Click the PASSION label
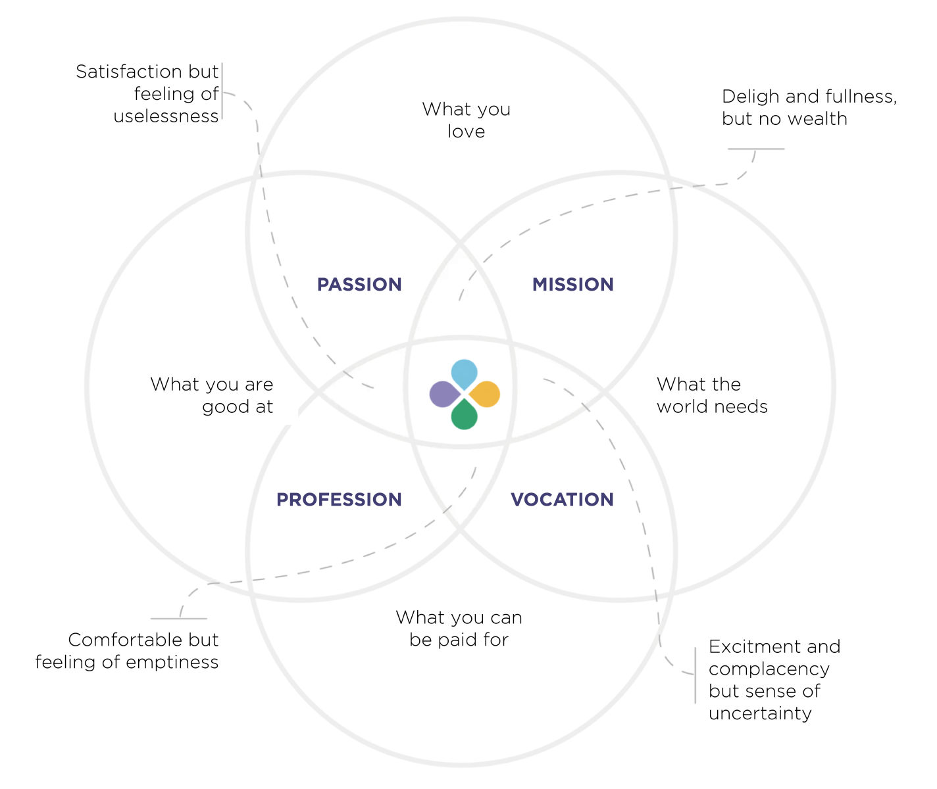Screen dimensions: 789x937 tap(359, 285)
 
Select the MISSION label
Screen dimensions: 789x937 tap(572, 285)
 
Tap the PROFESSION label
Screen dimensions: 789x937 tap(339, 500)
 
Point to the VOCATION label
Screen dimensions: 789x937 tap(562, 500)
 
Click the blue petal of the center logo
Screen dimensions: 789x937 tap(465, 373)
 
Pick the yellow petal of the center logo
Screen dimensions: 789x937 tap(486, 394)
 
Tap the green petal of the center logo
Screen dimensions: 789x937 tap(465, 416)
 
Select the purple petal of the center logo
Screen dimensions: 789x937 tap(443, 394)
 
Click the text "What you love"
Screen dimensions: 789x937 tap(466, 120)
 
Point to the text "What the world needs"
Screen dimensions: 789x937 tap(712, 395)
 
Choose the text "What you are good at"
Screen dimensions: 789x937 tap(211, 395)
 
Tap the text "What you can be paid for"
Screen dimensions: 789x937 tap(459, 629)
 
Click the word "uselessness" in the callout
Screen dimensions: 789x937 tap(166, 116)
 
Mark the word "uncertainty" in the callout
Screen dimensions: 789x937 tap(760, 713)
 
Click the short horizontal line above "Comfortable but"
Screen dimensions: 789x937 tap(178, 619)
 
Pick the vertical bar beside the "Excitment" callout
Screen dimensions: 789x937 tap(696, 675)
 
